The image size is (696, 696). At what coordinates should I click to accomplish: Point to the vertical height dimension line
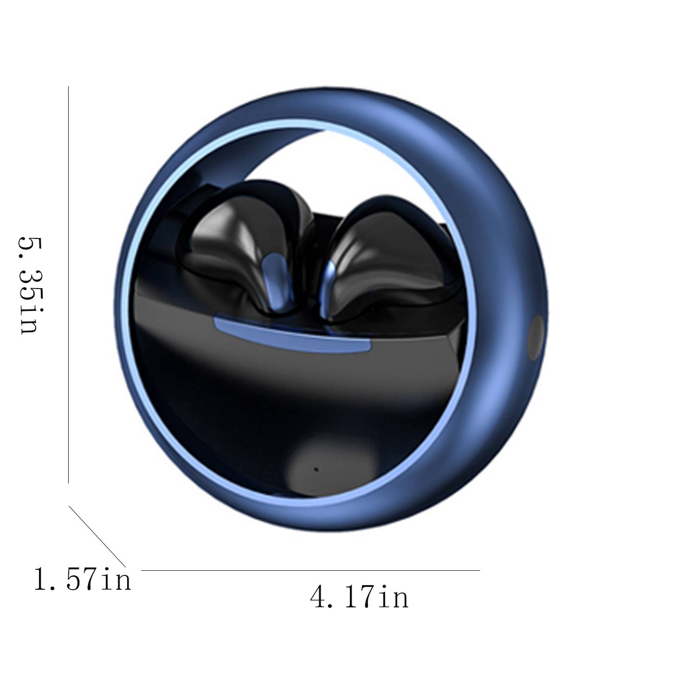[x=69, y=284]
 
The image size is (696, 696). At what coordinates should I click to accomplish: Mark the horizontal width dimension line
[x=310, y=570]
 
